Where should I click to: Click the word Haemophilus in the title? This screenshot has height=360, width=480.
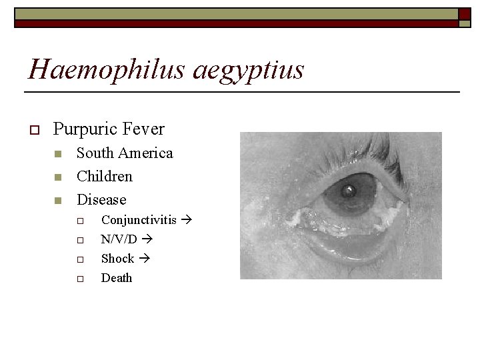(106, 69)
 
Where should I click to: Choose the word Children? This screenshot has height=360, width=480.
(105, 176)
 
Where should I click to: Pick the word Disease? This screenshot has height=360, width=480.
(101, 199)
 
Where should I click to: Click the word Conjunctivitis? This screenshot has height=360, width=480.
(139, 219)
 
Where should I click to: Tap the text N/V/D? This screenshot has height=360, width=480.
(119, 239)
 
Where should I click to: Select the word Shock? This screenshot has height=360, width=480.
(117, 258)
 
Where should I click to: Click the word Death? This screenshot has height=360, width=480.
(117, 277)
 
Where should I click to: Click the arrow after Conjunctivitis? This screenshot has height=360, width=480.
(186, 219)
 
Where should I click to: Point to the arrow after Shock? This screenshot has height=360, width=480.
(142, 258)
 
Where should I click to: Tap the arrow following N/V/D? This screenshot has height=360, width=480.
(147, 239)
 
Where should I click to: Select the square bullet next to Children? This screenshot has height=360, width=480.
(58, 177)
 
